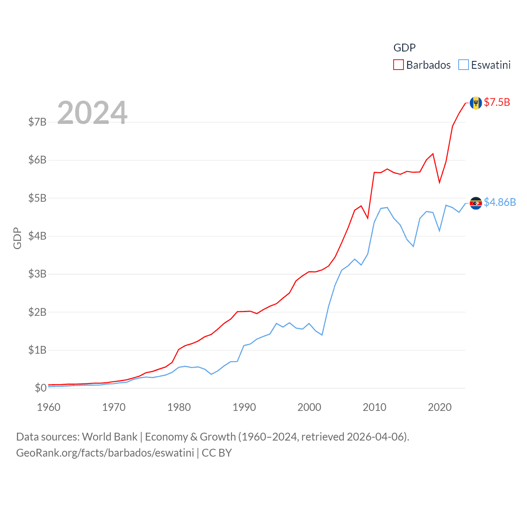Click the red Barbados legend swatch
point(398,65)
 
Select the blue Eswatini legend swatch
point(463,65)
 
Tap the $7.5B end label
point(497,102)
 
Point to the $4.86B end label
point(500,202)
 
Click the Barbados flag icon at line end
point(476,103)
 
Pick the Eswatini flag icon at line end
point(476,203)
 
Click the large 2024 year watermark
point(92,113)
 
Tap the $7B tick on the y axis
point(37,122)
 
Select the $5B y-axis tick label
point(37,198)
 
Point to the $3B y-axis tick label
point(37,274)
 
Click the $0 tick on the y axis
point(40,388)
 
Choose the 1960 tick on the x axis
point(49,408)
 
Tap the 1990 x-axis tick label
point(244,408)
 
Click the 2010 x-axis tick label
point(374,408)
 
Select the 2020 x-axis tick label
point(440,408)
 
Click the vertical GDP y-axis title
point(17,238)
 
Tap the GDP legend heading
point(404,48)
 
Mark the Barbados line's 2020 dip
point(439,182)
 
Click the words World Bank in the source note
point(110,437)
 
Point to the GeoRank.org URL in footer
point(105,453)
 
